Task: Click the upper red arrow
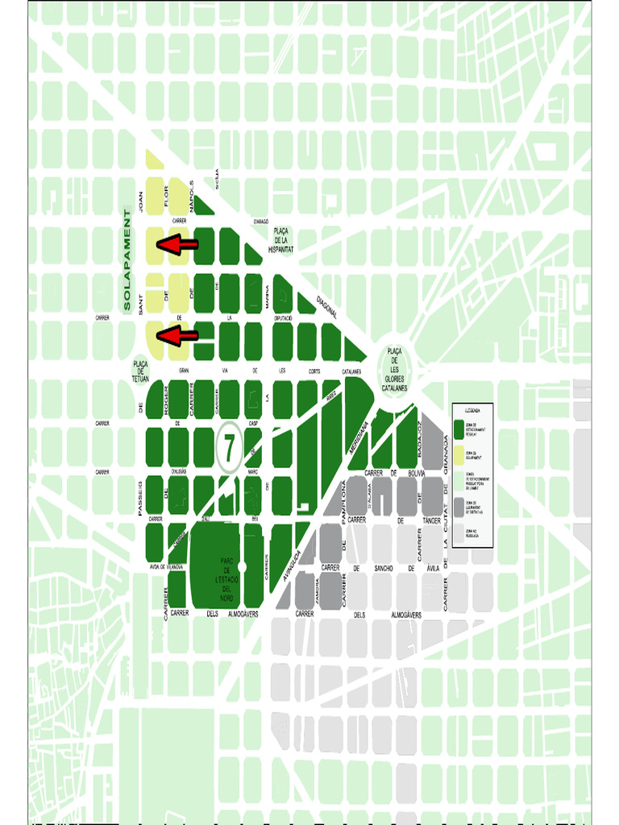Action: click(x=177, y=244)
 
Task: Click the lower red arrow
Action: click(x=177, y=336)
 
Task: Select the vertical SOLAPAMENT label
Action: click(x=127, y=260)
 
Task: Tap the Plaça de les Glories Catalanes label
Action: click(x=394, y=370)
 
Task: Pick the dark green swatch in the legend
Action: click(x=459, y=429)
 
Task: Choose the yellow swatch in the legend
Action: click(x=459, y=455)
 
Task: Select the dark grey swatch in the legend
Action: click(x=459, y=505)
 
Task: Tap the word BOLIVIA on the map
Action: click(x=416, y=473)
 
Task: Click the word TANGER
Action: click(x=432, y=520)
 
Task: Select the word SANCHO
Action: click(x=383, y=568)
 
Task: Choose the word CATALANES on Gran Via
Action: click(x=351, y=371)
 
